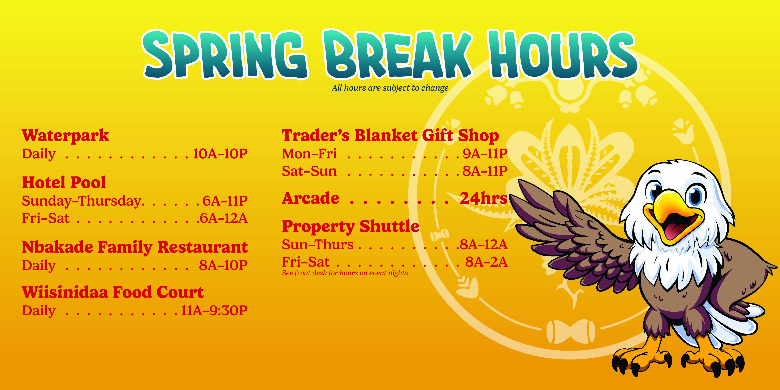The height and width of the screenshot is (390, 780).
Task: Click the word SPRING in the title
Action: tap(225, 54)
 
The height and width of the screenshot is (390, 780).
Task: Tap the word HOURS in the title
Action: tap(563, 54)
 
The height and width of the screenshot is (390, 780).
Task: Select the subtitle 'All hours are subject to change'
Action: tap(390, 88)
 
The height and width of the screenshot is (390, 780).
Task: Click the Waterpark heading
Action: tap(65, 136)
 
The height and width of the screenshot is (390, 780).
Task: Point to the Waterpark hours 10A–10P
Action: tap(220, 154)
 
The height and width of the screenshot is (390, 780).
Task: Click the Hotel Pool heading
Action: tap(64, 183)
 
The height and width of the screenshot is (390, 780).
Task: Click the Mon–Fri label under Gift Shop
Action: tap(309, 154)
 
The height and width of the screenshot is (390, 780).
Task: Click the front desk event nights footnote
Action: tap(345, 273)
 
